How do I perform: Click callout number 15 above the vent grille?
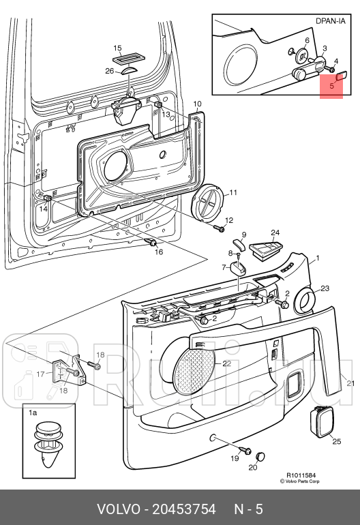click(x=117, y=48)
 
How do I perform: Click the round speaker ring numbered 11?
click(x=209, y=202)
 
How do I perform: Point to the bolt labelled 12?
click(x=220, y=229)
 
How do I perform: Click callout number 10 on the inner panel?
click(x=197, y=104)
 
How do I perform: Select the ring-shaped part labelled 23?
click(x=304, y=301)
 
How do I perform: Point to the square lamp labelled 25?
click(x=322, y=422)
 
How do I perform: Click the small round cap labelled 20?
click(x=260, y=456)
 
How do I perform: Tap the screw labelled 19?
click(x=246, y=450)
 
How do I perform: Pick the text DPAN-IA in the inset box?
click(x=331, y=20)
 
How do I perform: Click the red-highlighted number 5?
click(x=331, y=86)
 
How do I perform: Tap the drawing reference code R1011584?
click(x=301, y=475)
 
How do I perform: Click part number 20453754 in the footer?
click(x=184, y=509)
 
